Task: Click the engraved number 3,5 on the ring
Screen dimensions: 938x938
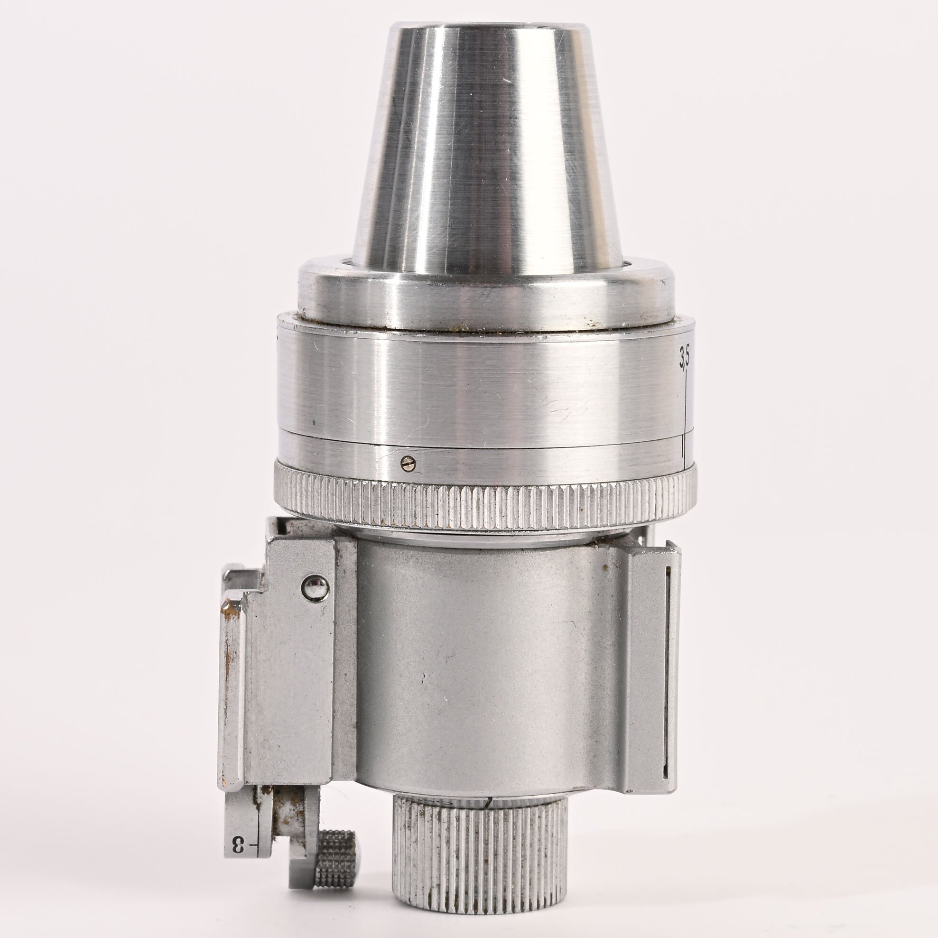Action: [x=685, y=357]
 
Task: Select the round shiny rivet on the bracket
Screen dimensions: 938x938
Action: [x=315, y=588]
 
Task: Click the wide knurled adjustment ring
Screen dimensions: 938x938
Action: [x=485, y=505]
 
